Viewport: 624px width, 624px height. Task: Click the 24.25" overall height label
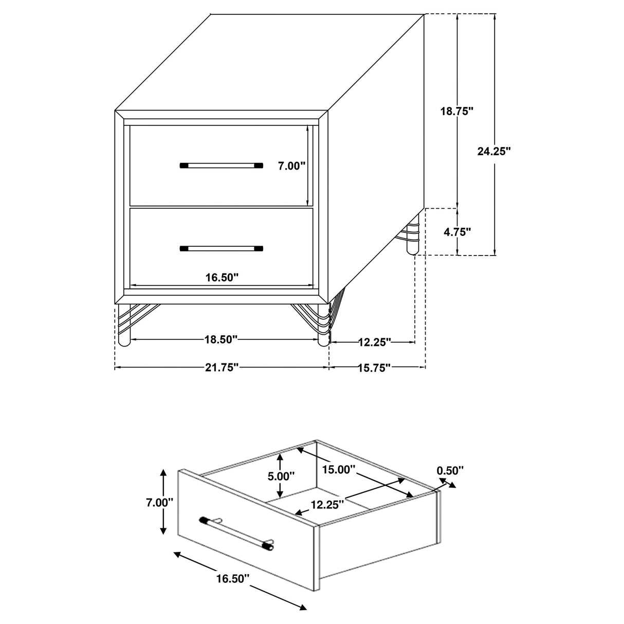pyautogui.click(x=494, y=151)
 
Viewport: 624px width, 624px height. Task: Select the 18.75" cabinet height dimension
pyautogui.click(x=456, y=111)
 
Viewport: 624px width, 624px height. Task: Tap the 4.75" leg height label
pyautogui.click(x=456, y=232)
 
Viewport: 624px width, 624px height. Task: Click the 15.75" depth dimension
pyautogui.click(x=374, y=368)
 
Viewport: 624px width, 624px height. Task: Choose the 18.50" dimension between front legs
pyautogui.click(x=221, y=339)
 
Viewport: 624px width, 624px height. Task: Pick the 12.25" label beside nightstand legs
pyautogui.click(x=374, y=341)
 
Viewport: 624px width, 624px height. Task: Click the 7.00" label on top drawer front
pyautogui.click(x=291, y=166)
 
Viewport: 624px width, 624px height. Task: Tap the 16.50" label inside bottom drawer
pyautogui.click(x=222, y=278)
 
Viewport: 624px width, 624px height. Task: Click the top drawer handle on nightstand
pyautogui.click(x=221, y=166)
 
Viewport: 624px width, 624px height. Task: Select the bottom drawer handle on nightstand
pyautogui.click(x=221, y=249)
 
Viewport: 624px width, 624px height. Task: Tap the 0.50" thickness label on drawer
pyautogui.click(x=450, y=469)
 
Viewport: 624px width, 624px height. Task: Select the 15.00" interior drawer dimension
pyautogui.click(x=339, y=469)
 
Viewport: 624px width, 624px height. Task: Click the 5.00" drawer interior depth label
pyautogui.click(x=281, y=476)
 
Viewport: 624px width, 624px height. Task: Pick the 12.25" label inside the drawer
pyautogui.click(x=327, y=505)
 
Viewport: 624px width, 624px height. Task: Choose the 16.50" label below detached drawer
pyautogui.click(x=232, y=578)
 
